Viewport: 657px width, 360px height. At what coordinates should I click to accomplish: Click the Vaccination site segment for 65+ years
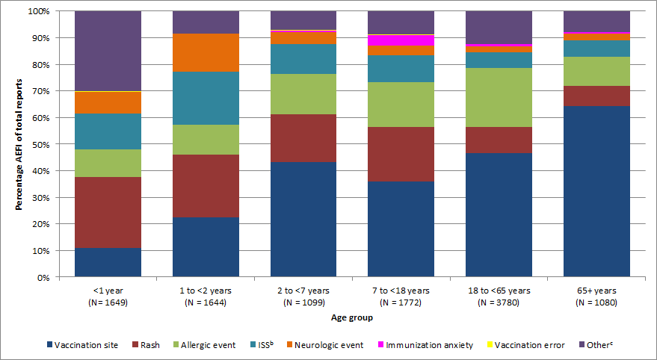tap(596, 191)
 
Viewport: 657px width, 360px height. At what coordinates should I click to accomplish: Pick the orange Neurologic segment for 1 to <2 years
tap(206, 52)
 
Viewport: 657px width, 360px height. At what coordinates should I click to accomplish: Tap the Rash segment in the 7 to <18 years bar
tap(401, 154)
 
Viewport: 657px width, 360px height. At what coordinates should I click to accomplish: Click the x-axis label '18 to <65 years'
tap(499, 291)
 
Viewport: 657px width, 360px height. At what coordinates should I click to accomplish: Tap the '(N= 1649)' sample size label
tap(108, 302)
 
